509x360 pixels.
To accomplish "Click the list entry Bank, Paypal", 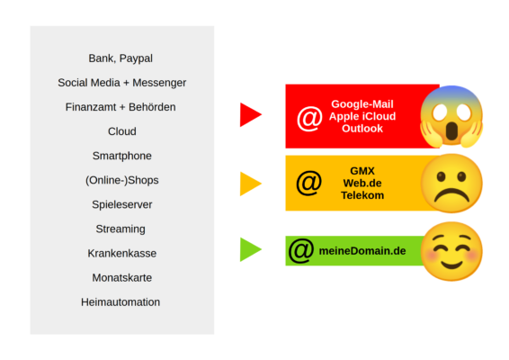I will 121,58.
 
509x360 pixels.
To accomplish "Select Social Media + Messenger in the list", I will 121,83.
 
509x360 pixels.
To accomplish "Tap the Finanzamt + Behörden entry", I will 121,107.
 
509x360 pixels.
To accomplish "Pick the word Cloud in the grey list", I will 121,131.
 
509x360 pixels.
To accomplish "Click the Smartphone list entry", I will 121,156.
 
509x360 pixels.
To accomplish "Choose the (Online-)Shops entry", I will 121,180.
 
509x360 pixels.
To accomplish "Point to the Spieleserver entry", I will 121,204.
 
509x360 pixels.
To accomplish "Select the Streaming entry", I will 121,229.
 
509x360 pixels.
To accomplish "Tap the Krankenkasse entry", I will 121,253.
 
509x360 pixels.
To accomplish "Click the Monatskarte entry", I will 121,277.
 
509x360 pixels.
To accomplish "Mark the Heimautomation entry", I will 121,301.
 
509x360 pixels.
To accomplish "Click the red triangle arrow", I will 249,115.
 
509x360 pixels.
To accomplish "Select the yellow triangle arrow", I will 249,184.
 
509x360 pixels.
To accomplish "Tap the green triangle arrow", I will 249,249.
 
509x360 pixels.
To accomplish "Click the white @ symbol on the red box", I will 309,118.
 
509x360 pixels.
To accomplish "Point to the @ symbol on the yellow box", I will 308,183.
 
